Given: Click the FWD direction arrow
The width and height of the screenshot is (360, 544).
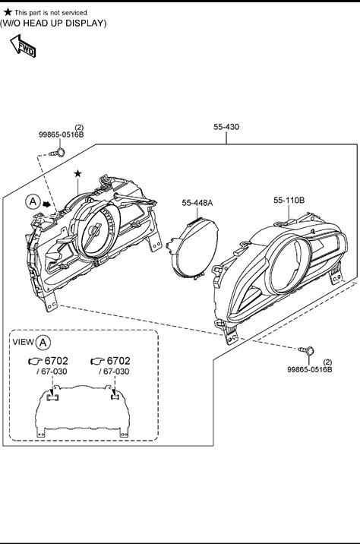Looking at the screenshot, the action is [23, 46].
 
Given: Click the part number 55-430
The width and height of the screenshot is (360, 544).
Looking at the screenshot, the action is [226, 127].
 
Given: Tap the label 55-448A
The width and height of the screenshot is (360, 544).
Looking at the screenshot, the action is [197, 203].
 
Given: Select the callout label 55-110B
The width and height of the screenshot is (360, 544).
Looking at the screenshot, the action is [289, 200].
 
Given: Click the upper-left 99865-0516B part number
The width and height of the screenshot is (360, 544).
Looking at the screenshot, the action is [61, 134].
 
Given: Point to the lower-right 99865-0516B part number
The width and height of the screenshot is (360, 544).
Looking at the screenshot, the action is [309, 369].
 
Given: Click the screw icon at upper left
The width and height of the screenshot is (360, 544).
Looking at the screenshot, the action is [58, 152].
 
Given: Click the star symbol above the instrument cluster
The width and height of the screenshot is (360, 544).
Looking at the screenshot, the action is [77, 173].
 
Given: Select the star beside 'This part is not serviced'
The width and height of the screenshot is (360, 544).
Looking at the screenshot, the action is [8, 12].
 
